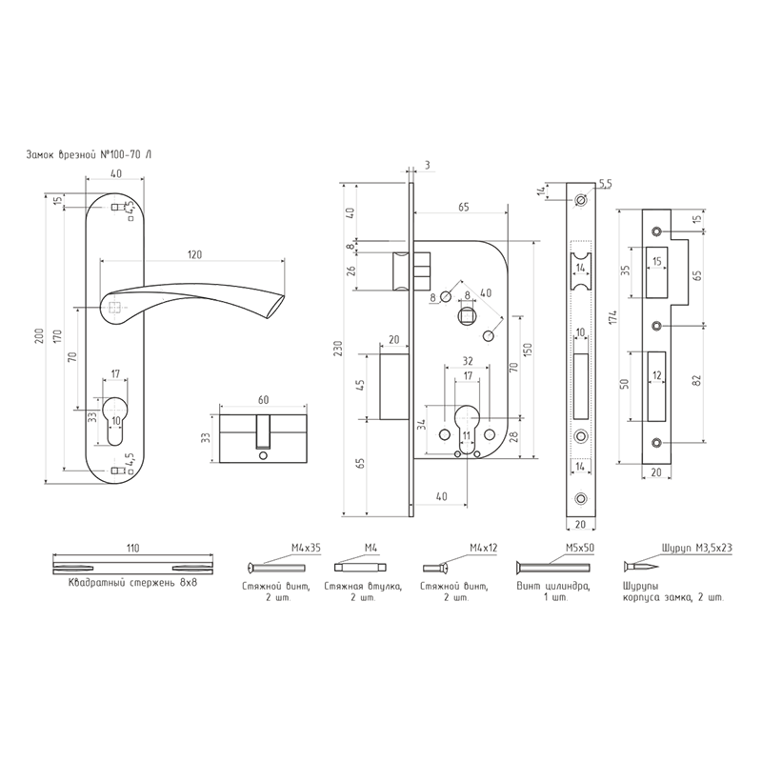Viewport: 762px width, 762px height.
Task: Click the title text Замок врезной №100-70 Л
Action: (x=89, y=155)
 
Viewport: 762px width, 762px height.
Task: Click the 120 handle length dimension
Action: (x=194, y=254)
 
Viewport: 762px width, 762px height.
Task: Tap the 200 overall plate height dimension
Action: (x=40, y=335)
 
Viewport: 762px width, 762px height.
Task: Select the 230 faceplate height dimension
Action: (x=338, y=348)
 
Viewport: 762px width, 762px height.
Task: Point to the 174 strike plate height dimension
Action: (x=613, y=317)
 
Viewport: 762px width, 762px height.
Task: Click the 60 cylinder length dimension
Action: (x=263, y=400)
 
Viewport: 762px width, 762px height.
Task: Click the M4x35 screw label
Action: (x=306, y=548)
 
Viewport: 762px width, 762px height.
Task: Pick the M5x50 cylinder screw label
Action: (x=580, y=548)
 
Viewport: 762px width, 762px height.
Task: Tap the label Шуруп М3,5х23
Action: (x=696, y=548)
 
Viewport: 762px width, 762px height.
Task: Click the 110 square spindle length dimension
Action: (x=132, y=549)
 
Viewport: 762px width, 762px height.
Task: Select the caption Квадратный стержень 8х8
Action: (x=132, y=583)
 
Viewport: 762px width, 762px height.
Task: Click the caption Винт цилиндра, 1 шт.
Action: (x=553, y=592)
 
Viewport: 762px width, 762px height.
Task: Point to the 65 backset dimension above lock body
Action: (x=464, y=207)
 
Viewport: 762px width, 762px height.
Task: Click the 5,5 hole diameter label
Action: (x=606, y=184)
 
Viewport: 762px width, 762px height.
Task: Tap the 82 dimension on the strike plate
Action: (x=697, y=380)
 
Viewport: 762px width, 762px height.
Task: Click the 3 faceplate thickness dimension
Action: (x=427, y=166)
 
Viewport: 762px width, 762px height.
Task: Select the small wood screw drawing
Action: (x=641, y=567)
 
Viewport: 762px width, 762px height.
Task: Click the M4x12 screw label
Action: (x=484, y=548)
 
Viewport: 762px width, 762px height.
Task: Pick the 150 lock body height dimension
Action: (x=529, y=350)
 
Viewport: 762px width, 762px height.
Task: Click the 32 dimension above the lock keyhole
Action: (x=468, y=361)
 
